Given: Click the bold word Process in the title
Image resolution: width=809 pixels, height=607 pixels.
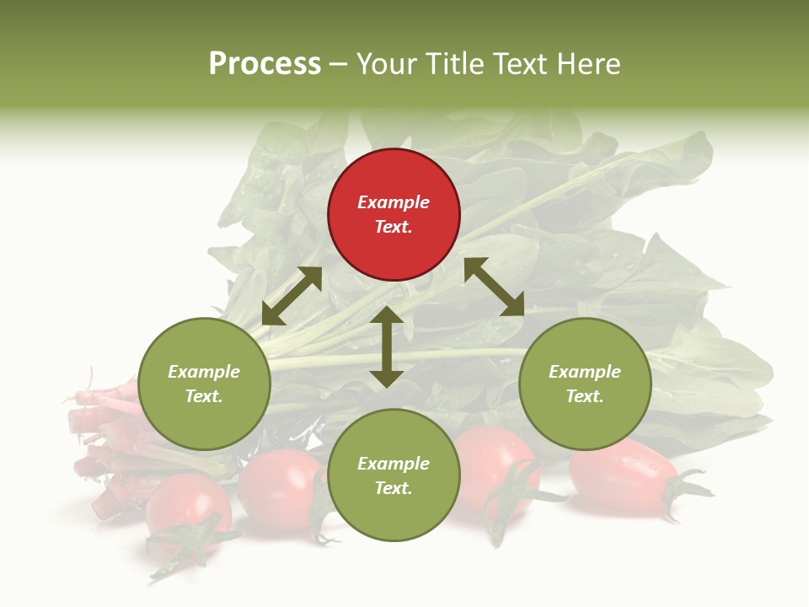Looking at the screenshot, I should coord(265,64).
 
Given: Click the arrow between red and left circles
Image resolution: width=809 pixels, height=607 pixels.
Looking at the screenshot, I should coord(292,296).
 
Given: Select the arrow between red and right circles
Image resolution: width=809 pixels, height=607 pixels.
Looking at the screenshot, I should coord(494,287).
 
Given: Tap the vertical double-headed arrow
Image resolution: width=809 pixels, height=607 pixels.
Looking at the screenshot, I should coord(387,346).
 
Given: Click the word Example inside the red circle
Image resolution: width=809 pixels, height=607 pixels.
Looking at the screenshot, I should coord(394,202).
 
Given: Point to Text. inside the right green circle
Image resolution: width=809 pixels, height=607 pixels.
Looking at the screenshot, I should coord(585,396).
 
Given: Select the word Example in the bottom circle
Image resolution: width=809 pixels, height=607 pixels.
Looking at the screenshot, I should coord(394,464).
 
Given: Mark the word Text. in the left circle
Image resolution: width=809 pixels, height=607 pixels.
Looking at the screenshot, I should coord(204,396).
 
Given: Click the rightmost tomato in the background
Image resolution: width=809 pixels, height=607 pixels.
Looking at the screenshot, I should coord(624,477).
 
